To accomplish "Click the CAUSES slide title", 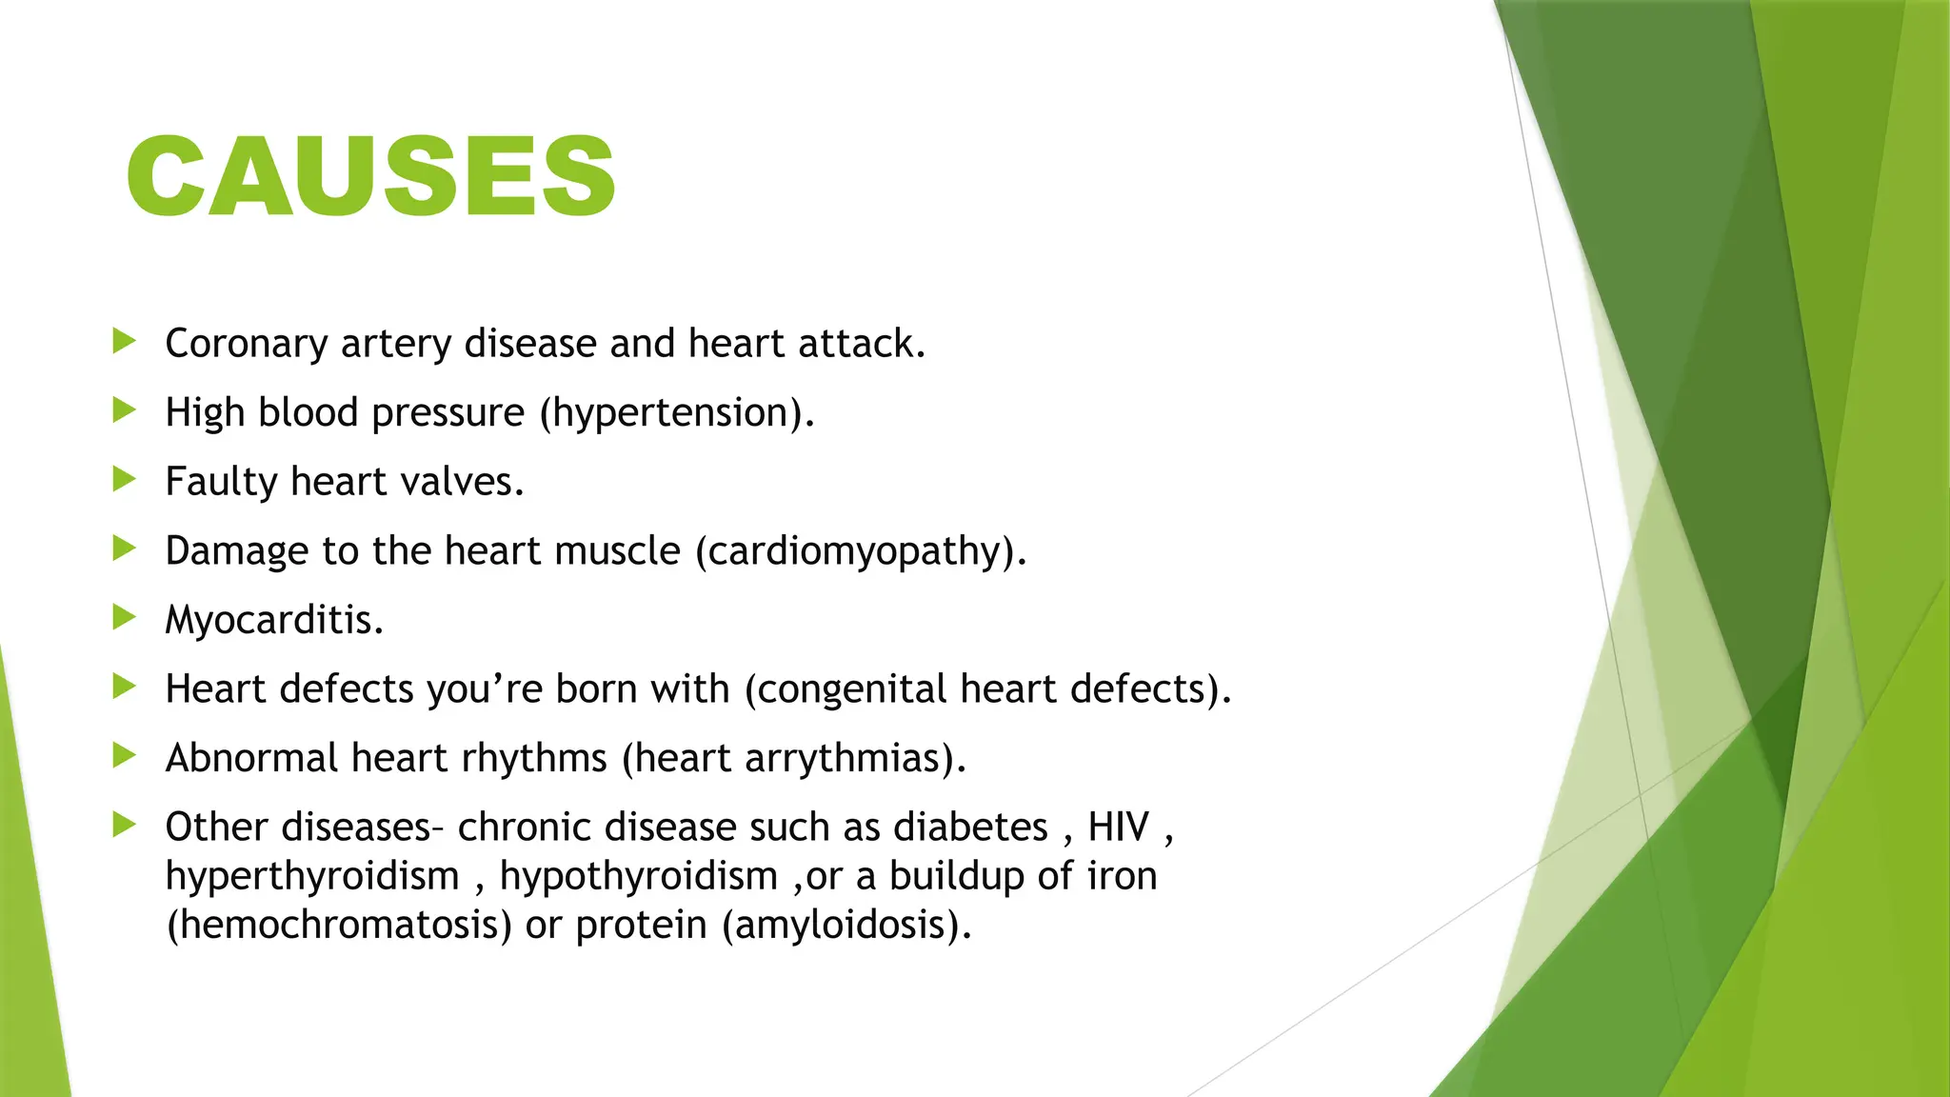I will click(x=371, y=176).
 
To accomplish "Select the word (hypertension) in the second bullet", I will click(x=676, y=413).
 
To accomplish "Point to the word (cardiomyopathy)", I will click(x=861, y=551).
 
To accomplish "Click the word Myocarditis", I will click(x=274, y=620).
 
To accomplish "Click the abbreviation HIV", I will click(x=1119, y=827).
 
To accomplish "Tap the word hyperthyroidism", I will click(x=312, y=876).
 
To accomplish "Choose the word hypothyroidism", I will click(x=639, y=876).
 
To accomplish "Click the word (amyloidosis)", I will click(x=846, y=926).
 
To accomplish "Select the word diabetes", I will click(x=970, y=827).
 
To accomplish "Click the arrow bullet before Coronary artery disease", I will click(x=124, y=341).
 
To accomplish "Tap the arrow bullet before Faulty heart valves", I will click(x=124, y=479).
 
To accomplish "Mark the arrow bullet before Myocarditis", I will click(x=124, y=617).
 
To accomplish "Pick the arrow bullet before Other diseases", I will click(x=124, y=825).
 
